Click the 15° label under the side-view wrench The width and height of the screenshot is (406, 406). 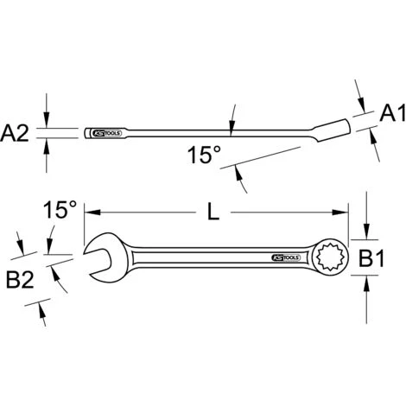click(x=205, y=155)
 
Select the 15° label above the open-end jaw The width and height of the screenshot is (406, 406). click(x=60, y=210)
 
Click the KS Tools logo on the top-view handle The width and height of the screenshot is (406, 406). click(x=287, y=257)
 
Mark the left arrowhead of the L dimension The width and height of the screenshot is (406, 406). click(x=89, y=212)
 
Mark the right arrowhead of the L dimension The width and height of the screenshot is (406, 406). click(x=344, y=212)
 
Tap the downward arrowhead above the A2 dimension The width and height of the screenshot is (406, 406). click(x=48, y=123)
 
